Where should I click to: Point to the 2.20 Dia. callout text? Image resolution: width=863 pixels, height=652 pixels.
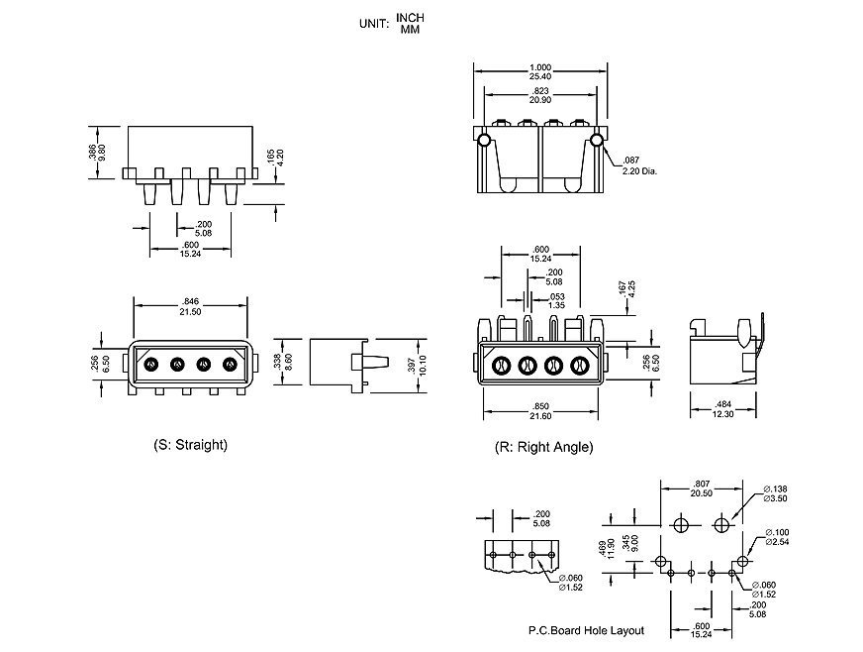point(639,170)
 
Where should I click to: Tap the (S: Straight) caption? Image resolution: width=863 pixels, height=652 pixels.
point(191,445)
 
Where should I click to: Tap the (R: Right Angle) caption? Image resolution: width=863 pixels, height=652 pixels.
point(543,447)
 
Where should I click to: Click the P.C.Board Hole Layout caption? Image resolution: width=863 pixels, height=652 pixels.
point(585,630)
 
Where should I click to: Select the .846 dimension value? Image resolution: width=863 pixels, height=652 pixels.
point(192,301)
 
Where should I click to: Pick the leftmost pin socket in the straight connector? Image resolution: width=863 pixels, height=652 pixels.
point(150,364)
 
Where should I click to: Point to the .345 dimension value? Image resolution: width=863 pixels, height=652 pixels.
point(637,539)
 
